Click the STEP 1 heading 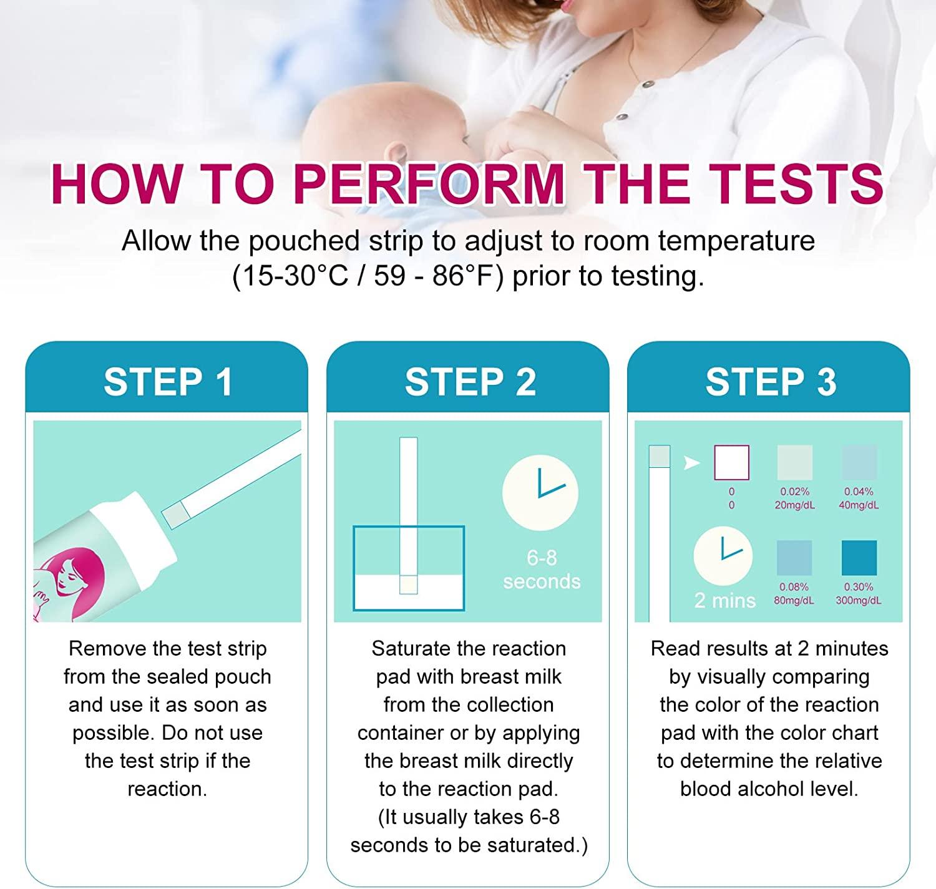[167, 381]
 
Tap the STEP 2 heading [469, 381]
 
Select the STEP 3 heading [770, 381]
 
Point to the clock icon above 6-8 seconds [540, 492]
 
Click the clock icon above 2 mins [723, 556]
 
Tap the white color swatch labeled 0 [731, 462]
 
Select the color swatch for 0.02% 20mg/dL [794, 462]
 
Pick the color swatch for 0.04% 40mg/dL [859, 462]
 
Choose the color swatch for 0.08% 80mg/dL [794, 557]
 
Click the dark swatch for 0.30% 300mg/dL [859, 557]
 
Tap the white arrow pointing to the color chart [691, 463]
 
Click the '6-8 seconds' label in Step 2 [541, 569]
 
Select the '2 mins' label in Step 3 [724, 600]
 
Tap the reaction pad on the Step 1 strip [175, 515]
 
